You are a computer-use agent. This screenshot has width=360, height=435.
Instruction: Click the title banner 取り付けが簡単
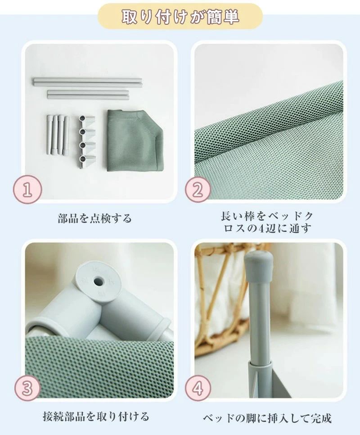[x=180, y=16]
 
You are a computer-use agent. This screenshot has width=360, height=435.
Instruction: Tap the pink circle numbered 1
[x=27, y=190]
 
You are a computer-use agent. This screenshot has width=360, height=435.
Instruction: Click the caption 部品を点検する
[x=94, y=218]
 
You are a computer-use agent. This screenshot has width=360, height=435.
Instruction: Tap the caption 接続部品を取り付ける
[x=96, y=416]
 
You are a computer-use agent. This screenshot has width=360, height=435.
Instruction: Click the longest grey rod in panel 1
[x=87, y=82]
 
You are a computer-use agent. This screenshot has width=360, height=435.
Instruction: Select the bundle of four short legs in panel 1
[x=58, y=134]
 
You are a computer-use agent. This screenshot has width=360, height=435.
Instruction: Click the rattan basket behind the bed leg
[x=222, y=291]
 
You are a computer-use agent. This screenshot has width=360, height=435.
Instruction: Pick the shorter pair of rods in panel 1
[x=88, y=94]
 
